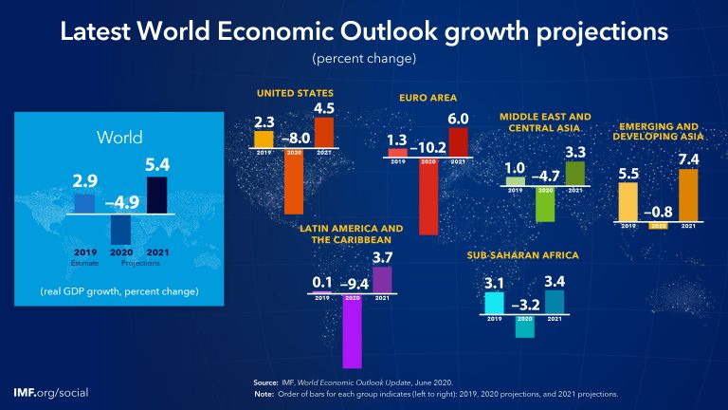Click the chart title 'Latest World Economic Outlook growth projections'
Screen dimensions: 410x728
364,30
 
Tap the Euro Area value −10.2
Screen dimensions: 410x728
428,147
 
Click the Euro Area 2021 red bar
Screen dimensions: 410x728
459,140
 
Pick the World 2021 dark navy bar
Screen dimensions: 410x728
157,196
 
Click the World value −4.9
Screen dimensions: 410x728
120,200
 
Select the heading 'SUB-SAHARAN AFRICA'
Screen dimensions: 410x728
522,256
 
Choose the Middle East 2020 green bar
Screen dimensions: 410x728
545,203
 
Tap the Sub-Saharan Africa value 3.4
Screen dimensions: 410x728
555,281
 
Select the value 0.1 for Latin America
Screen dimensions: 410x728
322,283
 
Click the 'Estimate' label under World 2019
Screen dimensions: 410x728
84,261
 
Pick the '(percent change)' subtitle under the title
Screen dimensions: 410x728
364,59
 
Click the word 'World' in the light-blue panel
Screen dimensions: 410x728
120,139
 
